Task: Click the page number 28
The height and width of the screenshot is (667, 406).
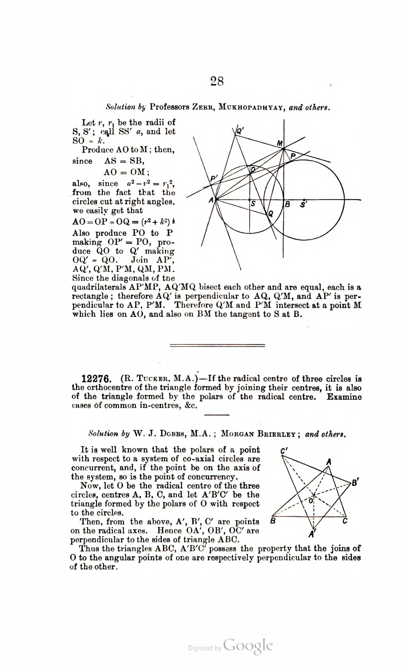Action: (x=217, y=81)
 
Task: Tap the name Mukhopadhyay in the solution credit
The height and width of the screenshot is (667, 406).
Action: (x=252, y=108)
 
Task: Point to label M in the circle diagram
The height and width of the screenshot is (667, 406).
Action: (x=280, y=144)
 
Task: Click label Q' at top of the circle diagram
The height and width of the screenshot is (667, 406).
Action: (x=241, y=131)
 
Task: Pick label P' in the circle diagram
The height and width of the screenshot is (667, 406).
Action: (x=214, y=179)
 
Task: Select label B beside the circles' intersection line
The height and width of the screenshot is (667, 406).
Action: (x=288, y=204)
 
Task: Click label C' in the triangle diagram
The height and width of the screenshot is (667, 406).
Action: (x=284, y=451)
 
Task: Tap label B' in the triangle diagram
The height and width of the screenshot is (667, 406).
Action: (x=355, y=482)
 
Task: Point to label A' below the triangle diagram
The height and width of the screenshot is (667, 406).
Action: (x=312, y=535)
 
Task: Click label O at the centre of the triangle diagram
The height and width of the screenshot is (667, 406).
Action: (x=311, y=500)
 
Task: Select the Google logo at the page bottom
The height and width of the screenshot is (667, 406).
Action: (x=248, y=646)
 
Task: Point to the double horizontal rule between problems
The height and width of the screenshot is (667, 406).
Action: (x=217, y=345)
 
